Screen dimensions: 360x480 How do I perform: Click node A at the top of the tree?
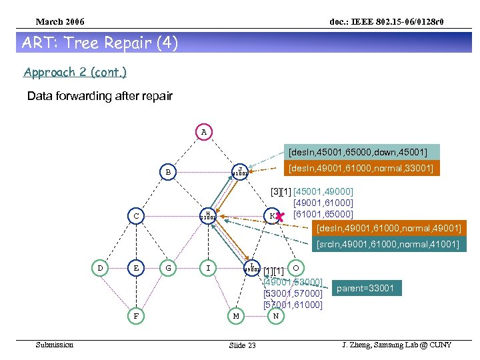204,132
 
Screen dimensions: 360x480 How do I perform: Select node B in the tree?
169,172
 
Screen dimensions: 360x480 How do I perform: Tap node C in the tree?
136,216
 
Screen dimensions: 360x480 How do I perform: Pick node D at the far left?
100,268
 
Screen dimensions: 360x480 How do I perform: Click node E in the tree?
136,268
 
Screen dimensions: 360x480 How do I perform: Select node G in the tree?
169,268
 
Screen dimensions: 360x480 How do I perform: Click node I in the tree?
209,268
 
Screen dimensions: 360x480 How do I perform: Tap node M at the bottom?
235,315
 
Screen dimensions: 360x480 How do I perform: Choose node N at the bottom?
275,315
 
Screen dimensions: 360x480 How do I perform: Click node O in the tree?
297,267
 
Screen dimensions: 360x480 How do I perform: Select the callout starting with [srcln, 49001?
387,245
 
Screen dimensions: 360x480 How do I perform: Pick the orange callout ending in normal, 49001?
388,229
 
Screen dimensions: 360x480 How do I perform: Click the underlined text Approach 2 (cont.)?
75,72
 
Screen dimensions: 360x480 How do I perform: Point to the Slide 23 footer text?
242,345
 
